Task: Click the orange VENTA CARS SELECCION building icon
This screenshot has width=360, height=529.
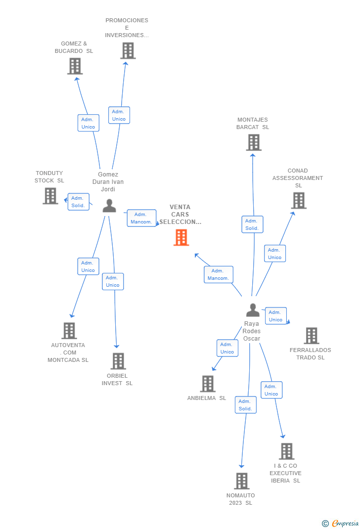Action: (181, 237)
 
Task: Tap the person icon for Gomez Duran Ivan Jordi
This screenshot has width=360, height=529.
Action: (109, 206)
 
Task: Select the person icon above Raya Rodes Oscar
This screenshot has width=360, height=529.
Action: (253, 309)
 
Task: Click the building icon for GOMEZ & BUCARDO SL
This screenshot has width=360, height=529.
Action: (75, 66)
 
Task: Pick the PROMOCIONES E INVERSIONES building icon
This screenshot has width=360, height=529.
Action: (128, 50)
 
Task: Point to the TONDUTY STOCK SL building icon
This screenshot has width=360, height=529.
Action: (50, 196)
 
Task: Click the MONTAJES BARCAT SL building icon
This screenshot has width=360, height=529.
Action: (253, 142)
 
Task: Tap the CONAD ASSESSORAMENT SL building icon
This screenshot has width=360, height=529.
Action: (299, 201)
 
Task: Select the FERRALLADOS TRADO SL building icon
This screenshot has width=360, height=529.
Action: (311, 336)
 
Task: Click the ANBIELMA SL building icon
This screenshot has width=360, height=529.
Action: (208, 384)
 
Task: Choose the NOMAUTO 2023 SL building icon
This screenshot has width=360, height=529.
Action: (242, 481)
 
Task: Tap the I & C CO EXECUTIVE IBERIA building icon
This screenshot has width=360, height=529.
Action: (286, 451)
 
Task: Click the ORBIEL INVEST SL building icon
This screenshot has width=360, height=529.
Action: (118, 361)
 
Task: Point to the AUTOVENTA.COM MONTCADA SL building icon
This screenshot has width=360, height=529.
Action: (69, 331)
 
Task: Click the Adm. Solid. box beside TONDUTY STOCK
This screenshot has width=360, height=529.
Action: (78, 202)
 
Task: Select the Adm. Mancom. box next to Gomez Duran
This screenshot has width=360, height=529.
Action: (141, 218)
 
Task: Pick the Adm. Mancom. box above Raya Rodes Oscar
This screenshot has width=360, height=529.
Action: (218, 274)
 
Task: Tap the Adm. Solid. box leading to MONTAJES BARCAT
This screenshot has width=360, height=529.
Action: (252, 224)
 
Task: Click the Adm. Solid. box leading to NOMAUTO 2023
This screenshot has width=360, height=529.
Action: (245, 405)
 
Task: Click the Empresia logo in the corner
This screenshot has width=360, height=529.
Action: (340, 523)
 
